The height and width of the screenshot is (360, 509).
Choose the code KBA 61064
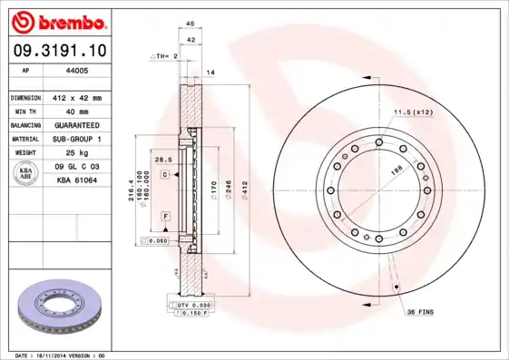point(77,182)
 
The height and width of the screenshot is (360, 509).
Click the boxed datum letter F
point(166,216)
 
